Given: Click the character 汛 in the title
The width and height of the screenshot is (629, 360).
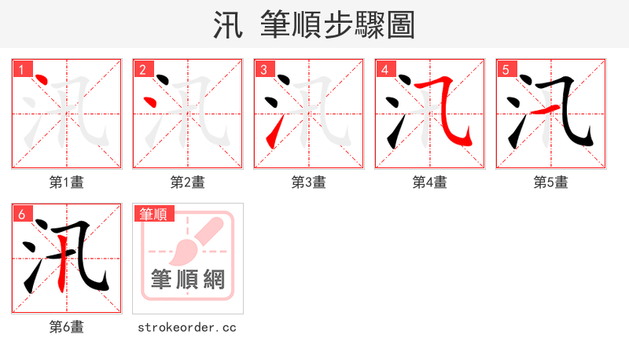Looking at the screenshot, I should [226, 25].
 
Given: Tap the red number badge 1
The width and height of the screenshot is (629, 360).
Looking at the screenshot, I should [22, 70].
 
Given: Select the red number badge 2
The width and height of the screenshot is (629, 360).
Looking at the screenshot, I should [142, 70].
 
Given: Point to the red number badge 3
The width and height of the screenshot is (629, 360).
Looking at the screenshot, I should [263, 70].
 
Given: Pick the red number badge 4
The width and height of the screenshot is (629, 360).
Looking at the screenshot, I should [384, 70].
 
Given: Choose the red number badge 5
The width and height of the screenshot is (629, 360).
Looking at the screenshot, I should [506, 70].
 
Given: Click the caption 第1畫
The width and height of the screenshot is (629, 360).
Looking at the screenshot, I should [67, 182].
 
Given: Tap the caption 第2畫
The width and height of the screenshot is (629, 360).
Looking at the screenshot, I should [188, 182].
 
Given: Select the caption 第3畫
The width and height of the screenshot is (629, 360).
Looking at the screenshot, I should [309, 182].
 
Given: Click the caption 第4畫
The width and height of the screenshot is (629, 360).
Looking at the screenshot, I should [430, 182].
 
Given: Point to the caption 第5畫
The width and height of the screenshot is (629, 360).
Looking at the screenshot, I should [551, 182].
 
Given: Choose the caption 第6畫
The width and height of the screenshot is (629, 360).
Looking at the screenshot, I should [67, 327].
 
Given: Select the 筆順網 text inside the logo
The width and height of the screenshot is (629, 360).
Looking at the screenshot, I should [188, 279].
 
